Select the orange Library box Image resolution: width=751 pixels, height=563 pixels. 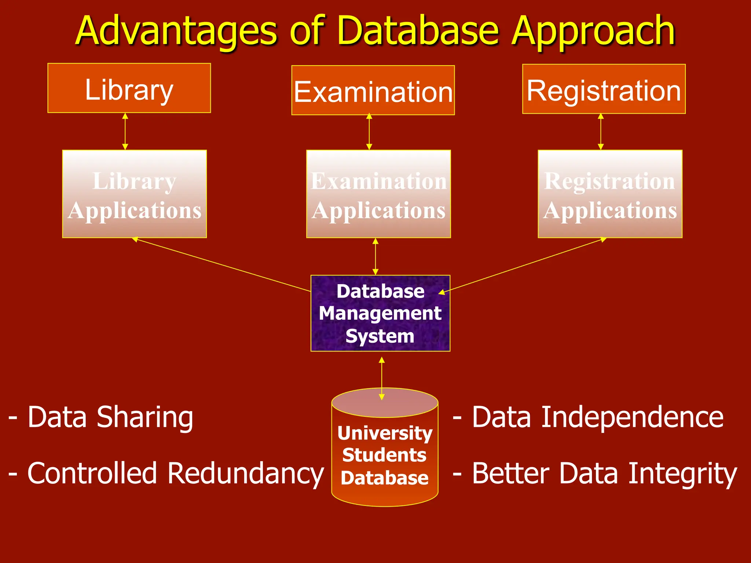129,88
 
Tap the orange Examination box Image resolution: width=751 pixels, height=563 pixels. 373,91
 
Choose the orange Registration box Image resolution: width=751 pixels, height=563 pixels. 604,89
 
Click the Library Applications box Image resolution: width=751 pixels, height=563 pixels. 134,194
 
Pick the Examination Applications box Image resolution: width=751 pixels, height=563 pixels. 378,194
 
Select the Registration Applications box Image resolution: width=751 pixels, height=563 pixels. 610,194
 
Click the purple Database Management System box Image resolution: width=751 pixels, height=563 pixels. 380,313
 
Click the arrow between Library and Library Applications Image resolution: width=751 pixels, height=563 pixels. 125,131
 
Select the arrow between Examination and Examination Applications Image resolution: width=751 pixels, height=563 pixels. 369,132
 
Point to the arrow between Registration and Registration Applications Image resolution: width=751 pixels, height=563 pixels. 601,132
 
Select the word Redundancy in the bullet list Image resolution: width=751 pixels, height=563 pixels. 245,474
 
